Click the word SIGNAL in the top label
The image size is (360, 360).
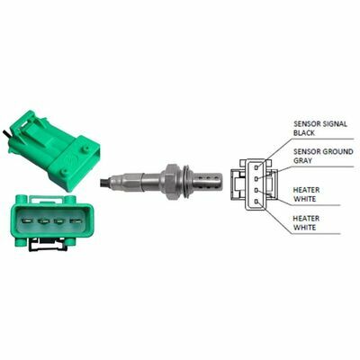[333, 123]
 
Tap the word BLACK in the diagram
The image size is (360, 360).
[304, 133]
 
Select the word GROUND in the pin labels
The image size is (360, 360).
[338, 151]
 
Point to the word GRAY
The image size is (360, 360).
[302, 160]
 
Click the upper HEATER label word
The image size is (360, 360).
[306, 190]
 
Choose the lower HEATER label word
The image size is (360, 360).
[306, 218]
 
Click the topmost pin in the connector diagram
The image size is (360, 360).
[256, 167]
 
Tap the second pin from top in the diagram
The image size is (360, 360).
[256, 179]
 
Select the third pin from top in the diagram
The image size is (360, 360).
[256, 190]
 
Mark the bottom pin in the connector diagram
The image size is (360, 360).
[256, 202]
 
